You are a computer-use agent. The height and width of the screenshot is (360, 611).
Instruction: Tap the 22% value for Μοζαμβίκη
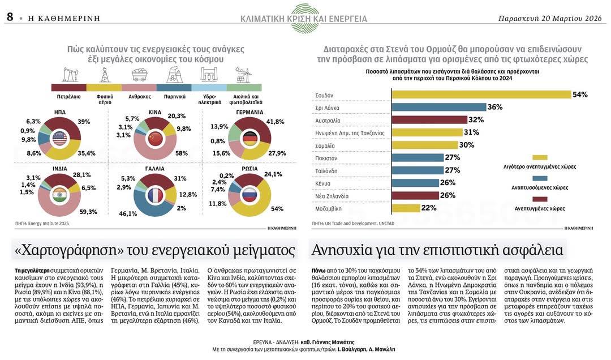(x=428, y=208)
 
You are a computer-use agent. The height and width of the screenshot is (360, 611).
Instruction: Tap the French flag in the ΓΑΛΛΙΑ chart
(x=154, y=196)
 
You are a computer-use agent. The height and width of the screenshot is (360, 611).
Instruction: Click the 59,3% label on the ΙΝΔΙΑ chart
(x=88, y=212)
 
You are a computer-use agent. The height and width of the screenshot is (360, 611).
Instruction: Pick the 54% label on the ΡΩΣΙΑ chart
(x=277, y=209)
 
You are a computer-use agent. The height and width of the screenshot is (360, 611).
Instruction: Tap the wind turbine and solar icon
(x=243, y=75)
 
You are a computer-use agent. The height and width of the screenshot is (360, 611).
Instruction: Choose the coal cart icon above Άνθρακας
(x=139, y=75)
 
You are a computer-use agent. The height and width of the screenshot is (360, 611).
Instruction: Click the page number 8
(x=10, y=17)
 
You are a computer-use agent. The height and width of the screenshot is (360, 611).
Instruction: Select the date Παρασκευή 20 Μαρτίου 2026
(x=549, y=18)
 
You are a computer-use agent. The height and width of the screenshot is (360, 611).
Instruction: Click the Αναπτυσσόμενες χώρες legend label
(x=540, y=187)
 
